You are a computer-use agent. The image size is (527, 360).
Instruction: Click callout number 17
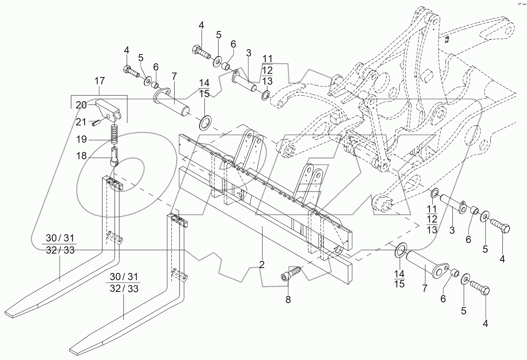tap(99, 81)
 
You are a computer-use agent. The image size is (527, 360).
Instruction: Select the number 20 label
tap(81, 105)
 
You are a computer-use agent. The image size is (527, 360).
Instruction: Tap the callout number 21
tap(81, 121)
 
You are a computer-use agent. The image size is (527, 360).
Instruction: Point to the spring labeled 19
tap(115, 134)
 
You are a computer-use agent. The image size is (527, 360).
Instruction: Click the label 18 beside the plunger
tap(81, 156)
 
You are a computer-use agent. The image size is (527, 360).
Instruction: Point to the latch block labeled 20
tap(108, 109)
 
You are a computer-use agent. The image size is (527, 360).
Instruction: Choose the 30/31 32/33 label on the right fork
tap(124, 283)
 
